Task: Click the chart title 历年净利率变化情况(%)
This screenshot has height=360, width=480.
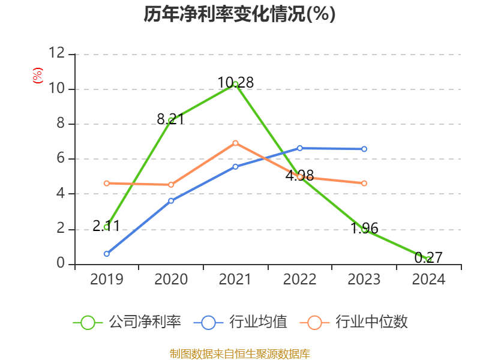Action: (x=239, y=14)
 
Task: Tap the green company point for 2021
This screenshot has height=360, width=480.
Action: (x=236, y=84)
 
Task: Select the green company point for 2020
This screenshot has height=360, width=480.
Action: (x=171, y=121)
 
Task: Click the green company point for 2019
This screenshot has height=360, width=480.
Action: (x=106, y=227)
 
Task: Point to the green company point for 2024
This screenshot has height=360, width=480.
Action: (x=428, y=259)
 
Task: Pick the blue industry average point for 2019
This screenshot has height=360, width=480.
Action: (x=106, y=254)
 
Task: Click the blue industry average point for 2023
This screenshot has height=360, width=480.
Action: (x=364, y=149)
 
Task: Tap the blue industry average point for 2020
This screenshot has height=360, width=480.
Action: (x=171, y=200)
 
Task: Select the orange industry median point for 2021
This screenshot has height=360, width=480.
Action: (x=236, y=143)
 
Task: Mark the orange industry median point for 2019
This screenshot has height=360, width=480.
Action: (x=106, y=183)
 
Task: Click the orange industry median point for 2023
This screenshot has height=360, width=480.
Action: (x=364, y=183)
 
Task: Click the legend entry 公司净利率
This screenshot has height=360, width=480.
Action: (x=127, y=322)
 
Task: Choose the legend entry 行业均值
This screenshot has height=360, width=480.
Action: (x=241, y=322)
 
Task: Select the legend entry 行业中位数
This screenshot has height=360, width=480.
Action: (x=358, y=322)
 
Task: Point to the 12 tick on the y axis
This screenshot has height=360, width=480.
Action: (x=57, y=53)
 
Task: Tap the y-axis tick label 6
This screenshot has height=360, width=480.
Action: (x=61, y=158)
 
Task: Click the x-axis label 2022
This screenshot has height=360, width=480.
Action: (x=299, y=279)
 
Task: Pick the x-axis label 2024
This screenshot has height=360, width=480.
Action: (x=428, y=279)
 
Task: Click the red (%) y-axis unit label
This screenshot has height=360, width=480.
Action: (x=38, y=76)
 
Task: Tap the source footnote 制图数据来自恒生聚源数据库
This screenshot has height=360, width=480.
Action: (x=239, y=353)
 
